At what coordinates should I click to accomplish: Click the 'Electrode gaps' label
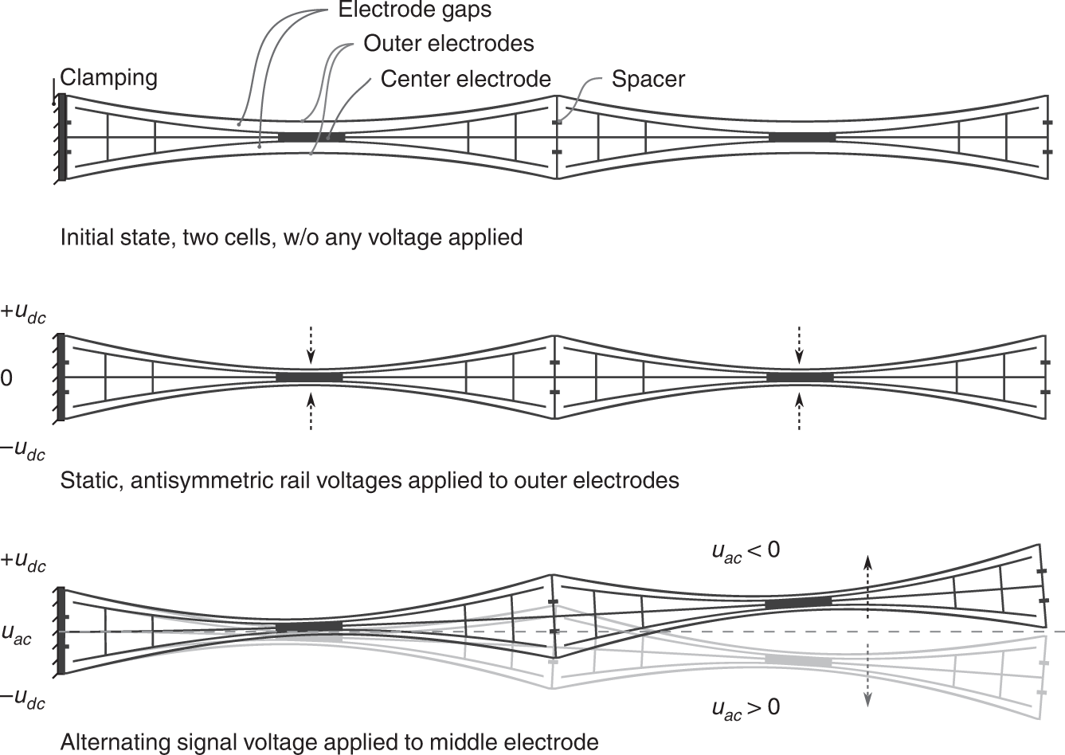414,11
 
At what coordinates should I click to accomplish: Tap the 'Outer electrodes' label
448,43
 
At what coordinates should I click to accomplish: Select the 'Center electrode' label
465,79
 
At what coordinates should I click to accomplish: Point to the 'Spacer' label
648,79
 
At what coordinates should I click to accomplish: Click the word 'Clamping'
108,77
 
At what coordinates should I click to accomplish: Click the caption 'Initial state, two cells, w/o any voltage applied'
292,237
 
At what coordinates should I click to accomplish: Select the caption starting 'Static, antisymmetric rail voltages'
370,480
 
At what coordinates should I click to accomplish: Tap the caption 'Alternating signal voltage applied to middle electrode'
329,742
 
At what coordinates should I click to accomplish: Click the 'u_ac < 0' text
745,550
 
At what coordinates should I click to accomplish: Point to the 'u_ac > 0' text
745,707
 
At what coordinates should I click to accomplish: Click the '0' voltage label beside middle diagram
6,378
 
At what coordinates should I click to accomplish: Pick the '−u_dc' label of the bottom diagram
23,700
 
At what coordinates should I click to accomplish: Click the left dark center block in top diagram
311,137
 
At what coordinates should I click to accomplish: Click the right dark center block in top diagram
801,137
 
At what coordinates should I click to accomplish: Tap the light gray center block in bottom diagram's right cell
797,660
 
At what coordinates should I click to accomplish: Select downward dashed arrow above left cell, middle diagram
311,342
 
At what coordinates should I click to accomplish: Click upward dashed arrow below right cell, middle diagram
799,413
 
